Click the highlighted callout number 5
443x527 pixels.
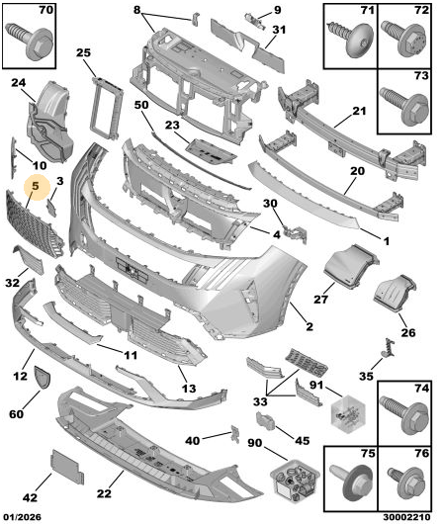point(36,186)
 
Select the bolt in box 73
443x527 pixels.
point(404,105)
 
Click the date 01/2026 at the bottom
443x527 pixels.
point(23,516)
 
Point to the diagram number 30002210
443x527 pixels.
point(406,516)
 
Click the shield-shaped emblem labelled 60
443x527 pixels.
point(42,378)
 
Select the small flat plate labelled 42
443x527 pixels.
point(67,467)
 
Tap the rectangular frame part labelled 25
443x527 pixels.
point(106,108)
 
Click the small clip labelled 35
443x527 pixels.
point(389,347)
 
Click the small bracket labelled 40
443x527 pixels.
point(235,434)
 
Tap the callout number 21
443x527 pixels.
point(359,111)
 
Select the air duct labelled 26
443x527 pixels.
point(396,294)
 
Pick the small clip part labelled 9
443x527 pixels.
point(255,20)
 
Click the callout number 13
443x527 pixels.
point(189,389)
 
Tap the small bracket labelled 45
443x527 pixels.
point(266,421)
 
